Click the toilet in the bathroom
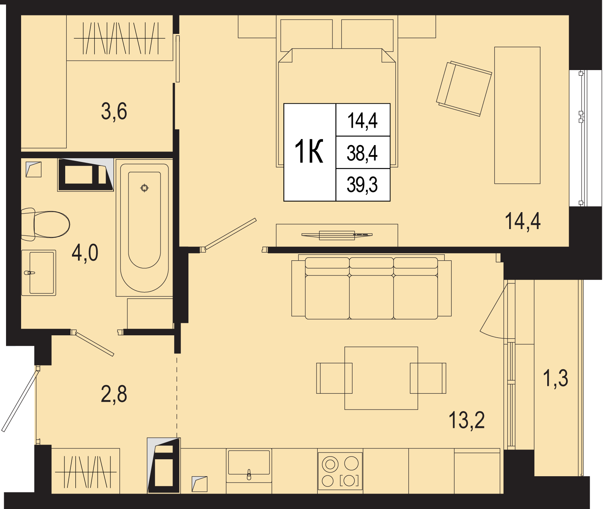click(45, 224)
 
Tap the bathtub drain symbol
click(144, 188)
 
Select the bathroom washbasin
click(39, 273)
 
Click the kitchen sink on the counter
click(249, 466)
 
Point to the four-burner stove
click(340, 471)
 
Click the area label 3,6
click(114, 112)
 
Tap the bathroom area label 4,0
click(85, 252)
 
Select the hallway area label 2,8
click(114, 394)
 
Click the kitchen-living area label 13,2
click(467, 420)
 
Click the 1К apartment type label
click(309, 151)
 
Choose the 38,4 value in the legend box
click(362, 153)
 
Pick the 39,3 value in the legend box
click(362, 185)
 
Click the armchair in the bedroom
click(464, 89)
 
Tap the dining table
click(381, 378)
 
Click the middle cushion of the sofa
click(372, 288)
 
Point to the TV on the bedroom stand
click(337, 235)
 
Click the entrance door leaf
click(20, 401)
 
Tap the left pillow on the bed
click(306, 35)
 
